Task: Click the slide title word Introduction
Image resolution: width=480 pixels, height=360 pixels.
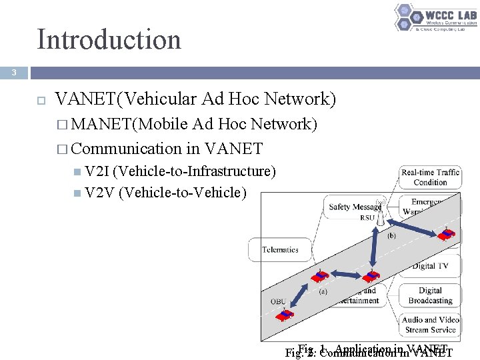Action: pyautogui.click(x=109, y=39)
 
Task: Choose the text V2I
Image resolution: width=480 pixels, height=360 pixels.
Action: pyautogui.click(x=99, y=172)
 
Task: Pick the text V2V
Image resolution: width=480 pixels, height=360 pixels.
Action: pyautogui.click(x=100, y=193)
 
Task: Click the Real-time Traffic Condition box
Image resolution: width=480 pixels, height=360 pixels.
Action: pyautogui.click(x=430, y=177)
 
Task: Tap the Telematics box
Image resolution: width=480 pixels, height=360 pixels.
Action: pyautogui.click(x=280, y=250)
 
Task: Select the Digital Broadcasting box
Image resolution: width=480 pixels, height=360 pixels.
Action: pyautogui.click(x=430, y=295)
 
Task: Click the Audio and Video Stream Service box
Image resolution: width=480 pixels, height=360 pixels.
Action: pyautogui.click(x=430, y=325)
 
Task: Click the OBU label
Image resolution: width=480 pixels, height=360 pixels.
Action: pyautogui.click(x=278, y=301)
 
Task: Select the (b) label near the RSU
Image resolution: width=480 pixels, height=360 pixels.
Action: pyautogui.click(x=391, y=236)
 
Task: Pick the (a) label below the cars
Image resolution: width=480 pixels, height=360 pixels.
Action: pyautogui.click(x=323, y=291)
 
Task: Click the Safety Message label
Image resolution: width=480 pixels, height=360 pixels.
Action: pyautogui.click(x=353, y=207)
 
